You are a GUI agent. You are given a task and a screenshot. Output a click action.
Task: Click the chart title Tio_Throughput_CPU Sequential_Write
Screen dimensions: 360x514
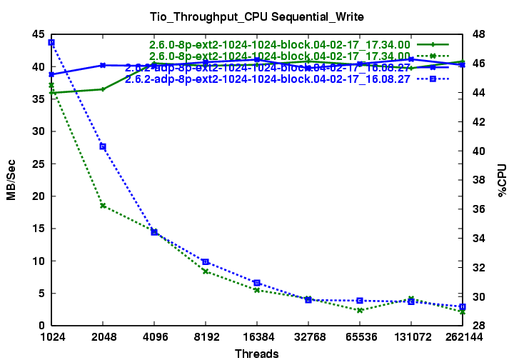(256, 16)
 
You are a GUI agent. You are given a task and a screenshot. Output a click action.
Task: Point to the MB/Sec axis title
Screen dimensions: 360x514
(11, 180)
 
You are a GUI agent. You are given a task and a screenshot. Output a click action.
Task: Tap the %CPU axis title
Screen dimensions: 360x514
(501, 180)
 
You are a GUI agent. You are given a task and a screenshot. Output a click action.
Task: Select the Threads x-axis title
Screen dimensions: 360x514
(256, 353)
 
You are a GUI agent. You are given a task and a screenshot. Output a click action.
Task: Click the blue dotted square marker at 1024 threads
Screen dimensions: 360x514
(51, 43)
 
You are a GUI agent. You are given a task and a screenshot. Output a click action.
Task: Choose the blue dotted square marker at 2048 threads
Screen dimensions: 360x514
(103, 146)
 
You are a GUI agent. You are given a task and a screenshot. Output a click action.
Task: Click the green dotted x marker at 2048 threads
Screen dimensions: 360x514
(103, 206)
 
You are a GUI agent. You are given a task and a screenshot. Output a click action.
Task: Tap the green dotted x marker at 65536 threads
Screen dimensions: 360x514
(360, 310)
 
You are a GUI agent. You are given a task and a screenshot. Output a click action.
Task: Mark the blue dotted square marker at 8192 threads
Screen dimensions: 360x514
(206, 261)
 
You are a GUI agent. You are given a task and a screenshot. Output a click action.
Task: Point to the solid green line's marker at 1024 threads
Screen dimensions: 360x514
(51, 93)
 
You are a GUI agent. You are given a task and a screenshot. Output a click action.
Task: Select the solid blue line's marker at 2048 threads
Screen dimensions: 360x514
(103, 65)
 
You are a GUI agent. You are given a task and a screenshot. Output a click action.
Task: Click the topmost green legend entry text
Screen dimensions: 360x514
(280, 44)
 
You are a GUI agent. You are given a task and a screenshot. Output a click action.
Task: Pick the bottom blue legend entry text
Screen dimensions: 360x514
(268, 79)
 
